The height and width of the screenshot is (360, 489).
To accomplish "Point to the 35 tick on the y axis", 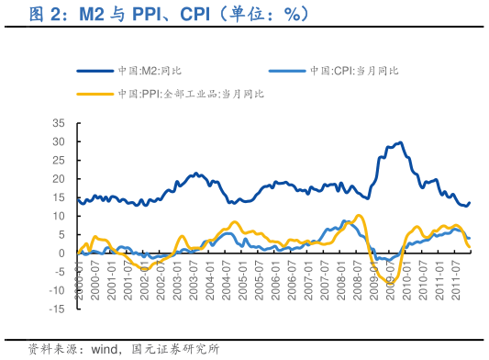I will [x=59, y=123].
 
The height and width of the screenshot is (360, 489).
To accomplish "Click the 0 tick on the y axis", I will [x=61, y=253].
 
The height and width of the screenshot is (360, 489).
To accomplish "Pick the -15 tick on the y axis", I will [x=57, y=309].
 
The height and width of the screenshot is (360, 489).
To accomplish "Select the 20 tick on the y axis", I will [x=59, y=178].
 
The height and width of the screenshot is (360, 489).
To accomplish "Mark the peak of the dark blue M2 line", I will [x=399, y=142].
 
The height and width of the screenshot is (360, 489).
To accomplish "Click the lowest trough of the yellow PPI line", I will [x=390, y=284].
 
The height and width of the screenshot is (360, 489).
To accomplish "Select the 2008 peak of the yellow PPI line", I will [x=359, y=216].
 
